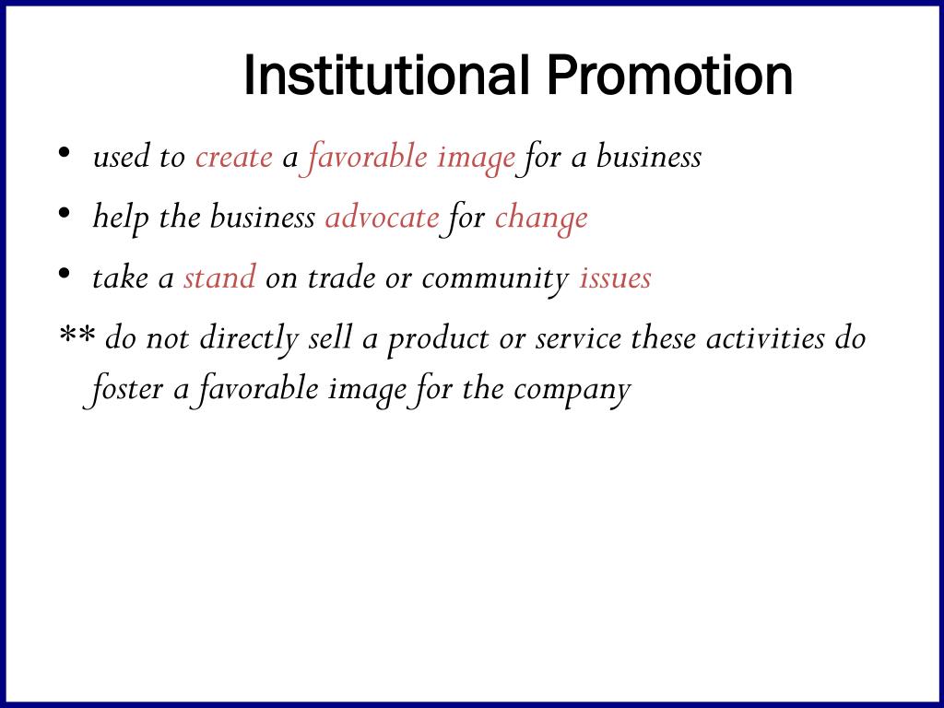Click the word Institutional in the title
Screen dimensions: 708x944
pos(386,77)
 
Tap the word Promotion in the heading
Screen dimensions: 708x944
pos(668,77)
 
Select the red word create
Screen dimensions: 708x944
pos(233,158)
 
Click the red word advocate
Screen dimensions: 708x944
pos(382,218)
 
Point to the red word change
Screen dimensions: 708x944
pos(541,218)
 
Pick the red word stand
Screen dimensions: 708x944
pos(219,277)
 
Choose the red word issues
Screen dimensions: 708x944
pos(615,277)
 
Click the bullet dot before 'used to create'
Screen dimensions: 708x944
pos(65,154)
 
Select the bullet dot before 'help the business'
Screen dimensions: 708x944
pos(65,214)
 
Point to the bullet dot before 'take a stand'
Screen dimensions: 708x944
pos(65,274)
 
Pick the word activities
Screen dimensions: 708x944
pos(765,338)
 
